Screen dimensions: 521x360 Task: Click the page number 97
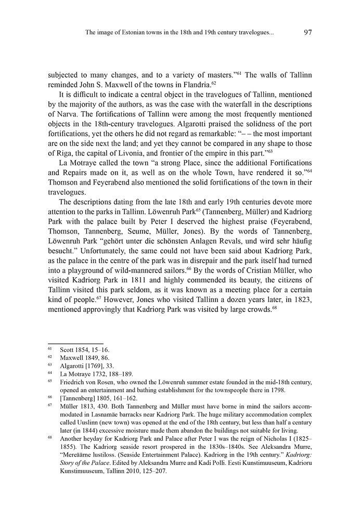coord(307,33)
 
